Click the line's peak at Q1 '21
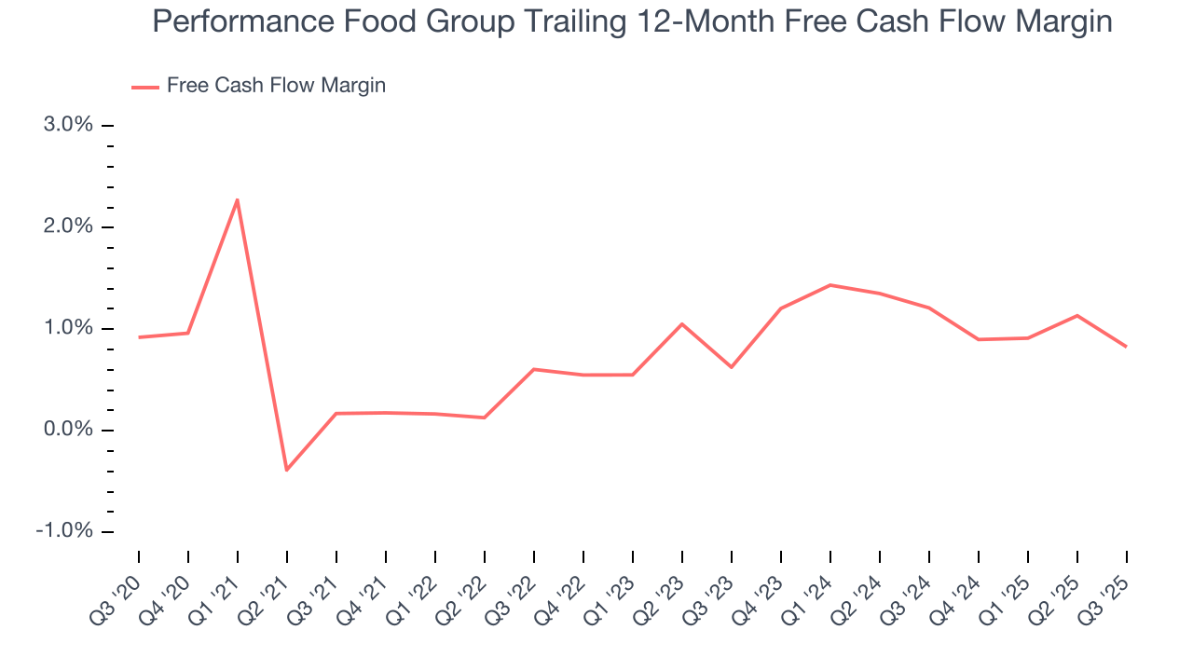pos(238,199)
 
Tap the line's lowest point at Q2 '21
pos(286,470)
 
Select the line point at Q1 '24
pos(830,285)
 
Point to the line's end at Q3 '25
pos(1126,347)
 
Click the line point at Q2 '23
pos(682,323)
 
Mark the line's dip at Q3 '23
pos(732,367)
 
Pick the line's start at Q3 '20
pos(139,337)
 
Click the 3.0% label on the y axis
pos(69,125)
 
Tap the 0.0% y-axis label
pos(69,430)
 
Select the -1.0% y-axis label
pos(66,531)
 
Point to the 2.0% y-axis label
pos(69,226)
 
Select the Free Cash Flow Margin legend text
pos(276,86)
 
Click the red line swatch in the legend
pos(145,87)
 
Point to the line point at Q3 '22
pos(533,369)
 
